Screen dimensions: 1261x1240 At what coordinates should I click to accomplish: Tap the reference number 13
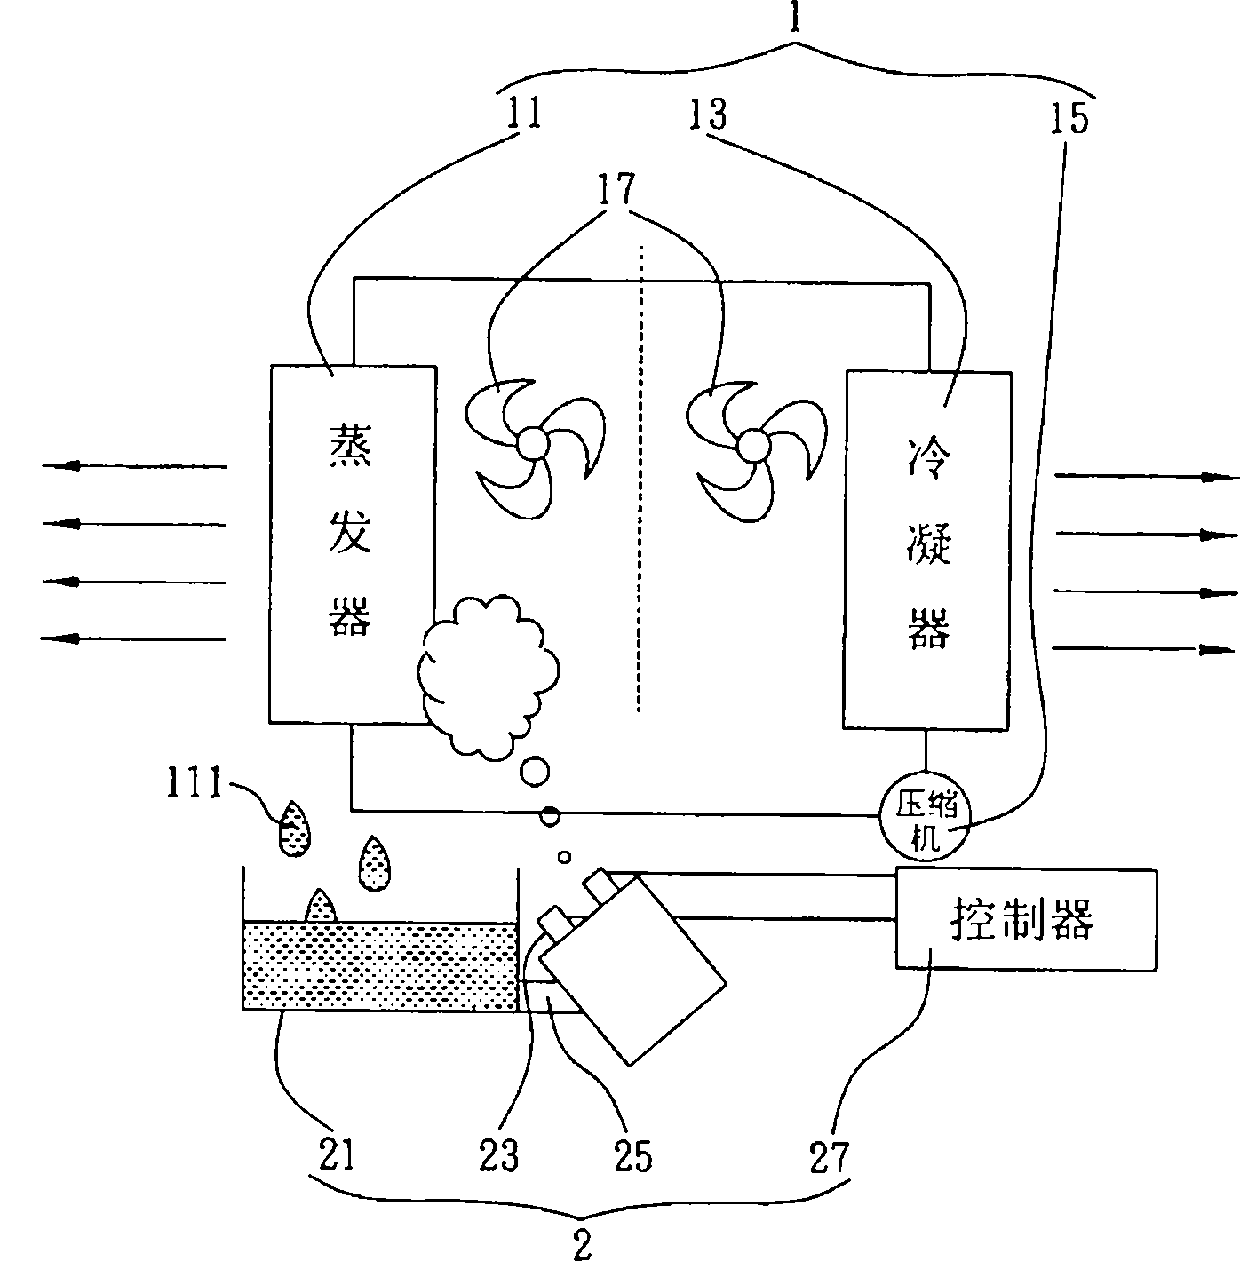[707, 115]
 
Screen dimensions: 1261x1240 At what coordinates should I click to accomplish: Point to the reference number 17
[618, 189]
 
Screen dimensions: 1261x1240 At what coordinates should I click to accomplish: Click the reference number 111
[195, 785]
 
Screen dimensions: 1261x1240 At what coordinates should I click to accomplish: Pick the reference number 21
[335, 1155]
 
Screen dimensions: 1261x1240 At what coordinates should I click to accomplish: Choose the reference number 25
[632, 1155]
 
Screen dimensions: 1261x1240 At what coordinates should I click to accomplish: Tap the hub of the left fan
[533, 442]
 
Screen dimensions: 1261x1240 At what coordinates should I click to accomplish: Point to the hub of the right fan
[754, 444]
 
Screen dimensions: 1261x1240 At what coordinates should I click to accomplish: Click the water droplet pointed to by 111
[294, 829]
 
